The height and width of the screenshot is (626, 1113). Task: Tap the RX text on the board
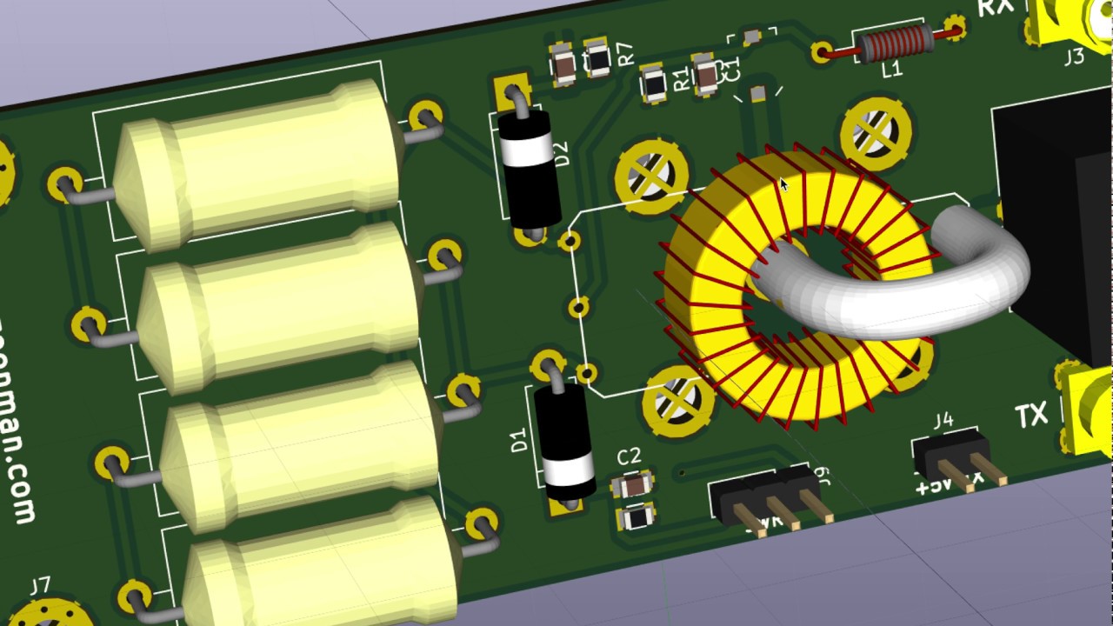coord(995,8)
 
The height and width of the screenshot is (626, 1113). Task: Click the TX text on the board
coord(1031,417)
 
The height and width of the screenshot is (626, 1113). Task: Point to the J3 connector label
coord(1074,57)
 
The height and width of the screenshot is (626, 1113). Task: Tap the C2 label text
coord(629,456)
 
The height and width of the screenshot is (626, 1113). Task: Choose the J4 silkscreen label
coord(943,422)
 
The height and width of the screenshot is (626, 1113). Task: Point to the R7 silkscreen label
coord(625,55)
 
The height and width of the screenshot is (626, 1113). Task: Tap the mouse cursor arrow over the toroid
coord(783,183)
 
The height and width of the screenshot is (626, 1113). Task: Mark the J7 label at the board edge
coord(40,585)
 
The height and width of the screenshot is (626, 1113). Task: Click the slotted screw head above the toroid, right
coord(876,133)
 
